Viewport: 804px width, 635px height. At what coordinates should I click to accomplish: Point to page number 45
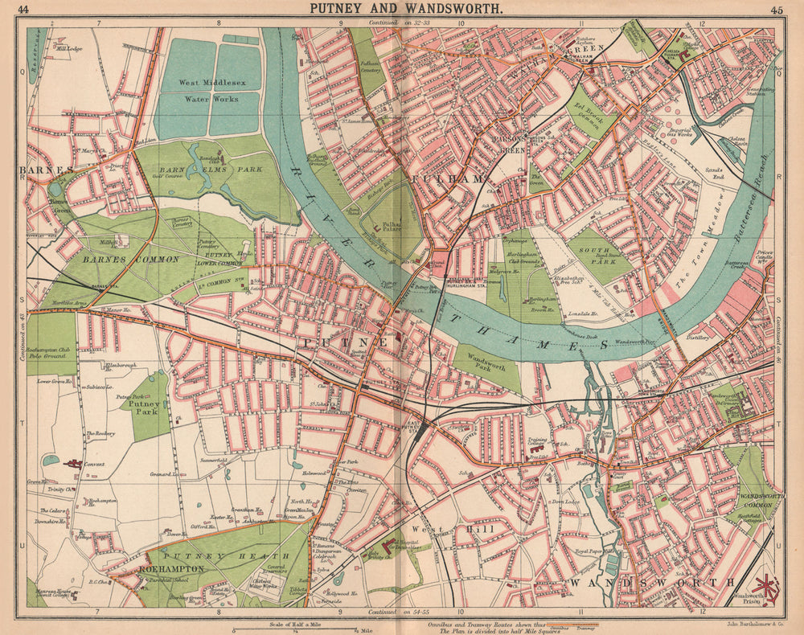pyautogui.click(x=777, y=10)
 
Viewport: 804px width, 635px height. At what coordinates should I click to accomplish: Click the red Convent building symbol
pyautogui.click(x=74, y=464)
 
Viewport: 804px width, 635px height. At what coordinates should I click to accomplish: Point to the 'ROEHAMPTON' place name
pyautogui.click(x=172, y=567)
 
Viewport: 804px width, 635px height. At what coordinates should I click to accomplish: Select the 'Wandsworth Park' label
pyautogui.click(x=485, y=367)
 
